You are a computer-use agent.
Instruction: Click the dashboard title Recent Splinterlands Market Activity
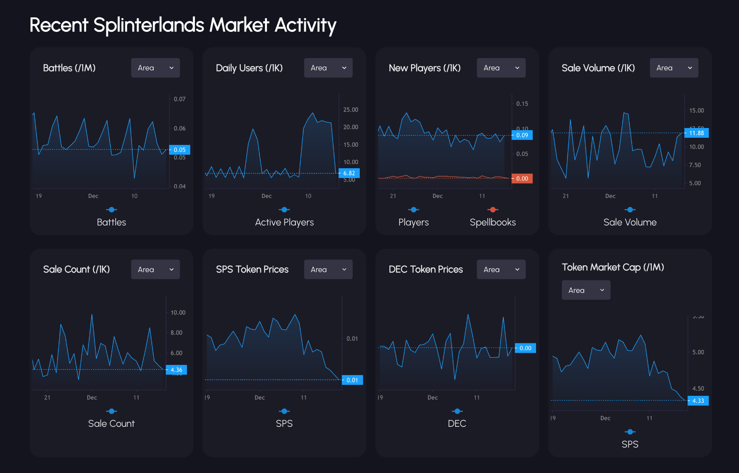coord(183,25)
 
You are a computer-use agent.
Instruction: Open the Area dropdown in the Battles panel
coord(156,68)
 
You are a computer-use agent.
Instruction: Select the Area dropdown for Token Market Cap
coord(586,290)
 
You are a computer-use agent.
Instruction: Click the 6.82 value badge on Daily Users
coord(349,173)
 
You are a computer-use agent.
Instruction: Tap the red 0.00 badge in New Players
coord(522,179)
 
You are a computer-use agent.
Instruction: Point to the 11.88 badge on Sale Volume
coord(696,133)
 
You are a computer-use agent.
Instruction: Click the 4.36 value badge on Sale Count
coord(176,370)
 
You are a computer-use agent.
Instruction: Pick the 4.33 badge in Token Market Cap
coord(698,401)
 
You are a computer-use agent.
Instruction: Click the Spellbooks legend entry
coord(492,222)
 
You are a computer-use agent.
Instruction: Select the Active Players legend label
coord(284,222)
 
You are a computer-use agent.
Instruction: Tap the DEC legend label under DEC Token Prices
coord(457,423)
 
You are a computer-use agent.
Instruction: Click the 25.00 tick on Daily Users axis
coord(350,110)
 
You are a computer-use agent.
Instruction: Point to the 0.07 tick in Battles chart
coord(180,99)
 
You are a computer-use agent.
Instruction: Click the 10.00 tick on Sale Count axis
coord(178,313)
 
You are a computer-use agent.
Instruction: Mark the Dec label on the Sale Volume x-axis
coord(610,196)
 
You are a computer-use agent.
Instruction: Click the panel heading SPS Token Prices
coord(252,270)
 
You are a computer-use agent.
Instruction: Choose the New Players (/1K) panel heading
coord(425,68)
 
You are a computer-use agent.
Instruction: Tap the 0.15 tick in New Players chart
coord(522,104)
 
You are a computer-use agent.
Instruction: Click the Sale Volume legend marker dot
coord(630,210)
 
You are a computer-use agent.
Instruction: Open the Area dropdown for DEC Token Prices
coord(501,270)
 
